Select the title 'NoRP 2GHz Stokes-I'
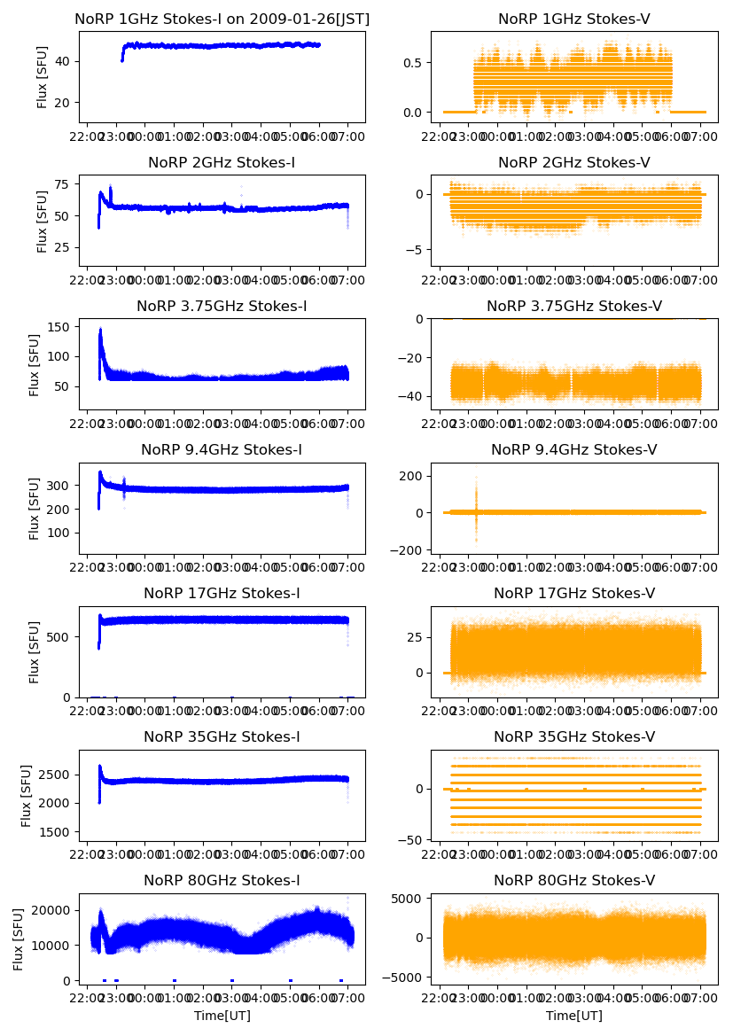pyautogui.click(x=222, y=162)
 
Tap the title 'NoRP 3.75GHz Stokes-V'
pyautogui.click(x=573, y=307)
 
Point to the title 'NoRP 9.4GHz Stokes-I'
pyautogui.click(x=222, y=450)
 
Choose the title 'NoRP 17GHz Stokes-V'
pyautogui.click(x=573, y=594)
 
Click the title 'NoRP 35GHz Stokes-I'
pyautogui.click(x=222, y=737)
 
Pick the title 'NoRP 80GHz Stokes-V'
pyautogui.click(x=573, y=881)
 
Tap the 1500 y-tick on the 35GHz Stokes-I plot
pyautogui.click(x=57, y=832)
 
